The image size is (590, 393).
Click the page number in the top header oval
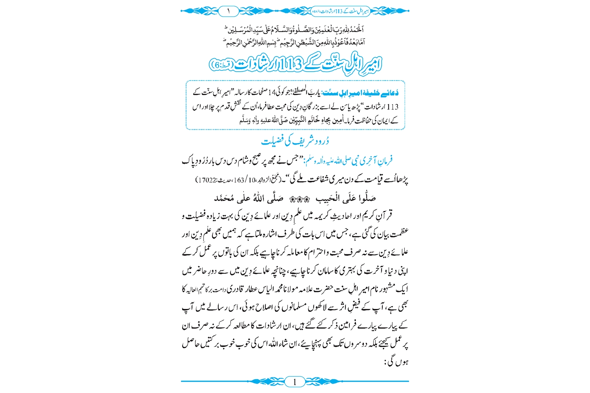(228, 11)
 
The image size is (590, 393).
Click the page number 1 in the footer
(295, 381)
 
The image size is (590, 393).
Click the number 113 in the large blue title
(290, 64)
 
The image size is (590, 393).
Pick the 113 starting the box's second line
(393, 107)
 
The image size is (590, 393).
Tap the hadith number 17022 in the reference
(205, 180)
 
